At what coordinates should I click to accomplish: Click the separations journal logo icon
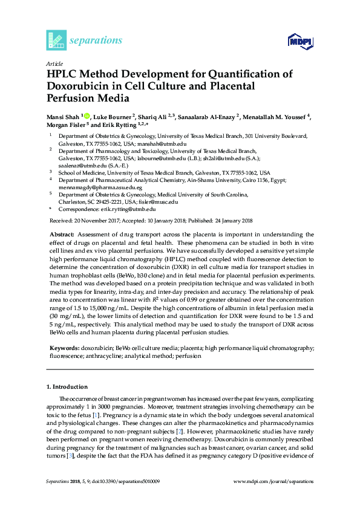point(56,40)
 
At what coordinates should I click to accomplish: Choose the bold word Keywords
point(62,349)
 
